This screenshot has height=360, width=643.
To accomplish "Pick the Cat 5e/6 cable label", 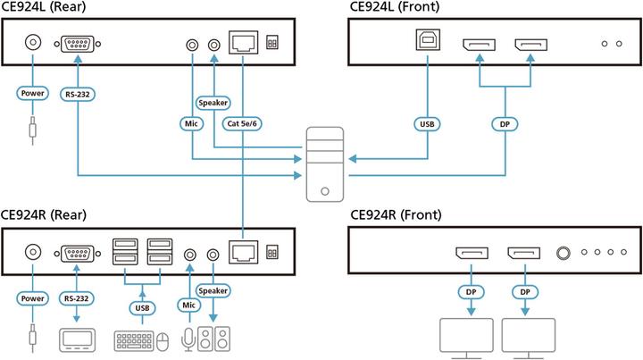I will [x=244, y=123].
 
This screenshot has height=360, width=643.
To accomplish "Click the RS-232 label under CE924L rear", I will [x=78, y=92].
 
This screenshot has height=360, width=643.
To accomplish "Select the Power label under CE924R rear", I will [x=33, y=299].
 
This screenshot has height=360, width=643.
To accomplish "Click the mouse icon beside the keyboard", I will [x=163, y=340].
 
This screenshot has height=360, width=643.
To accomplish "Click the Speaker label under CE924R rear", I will [x=213, y=289].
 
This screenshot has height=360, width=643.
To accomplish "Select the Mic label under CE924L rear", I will [x=190, y=123].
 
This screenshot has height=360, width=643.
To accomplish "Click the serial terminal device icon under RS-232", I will [x=78, y=340].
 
